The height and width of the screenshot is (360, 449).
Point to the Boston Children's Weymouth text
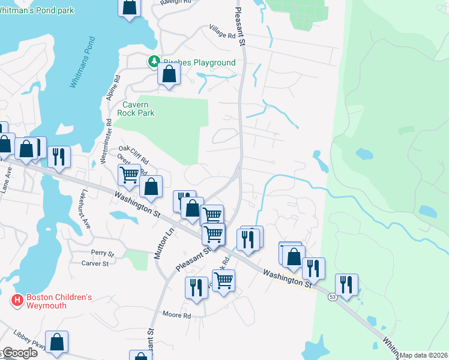[59, 301]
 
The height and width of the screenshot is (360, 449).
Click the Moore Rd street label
[177, 315]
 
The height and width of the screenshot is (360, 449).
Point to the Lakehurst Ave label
[83, 210]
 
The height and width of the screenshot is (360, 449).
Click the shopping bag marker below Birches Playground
[169, 74]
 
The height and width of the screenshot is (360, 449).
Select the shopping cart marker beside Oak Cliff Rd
[129, 175]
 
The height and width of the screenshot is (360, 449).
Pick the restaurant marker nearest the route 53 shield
[346, 284]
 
